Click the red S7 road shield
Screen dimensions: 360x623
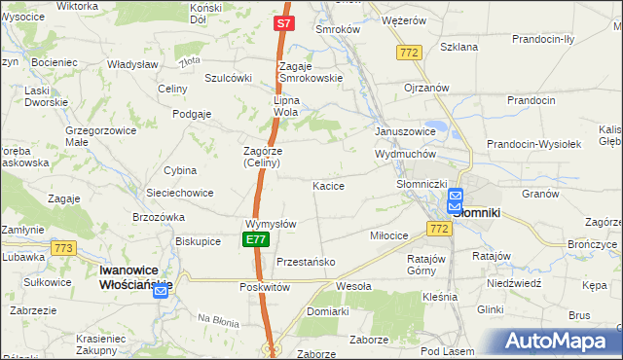coord(282,22)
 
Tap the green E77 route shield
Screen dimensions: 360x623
coord(255,239)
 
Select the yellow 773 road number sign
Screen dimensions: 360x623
coord(64,248)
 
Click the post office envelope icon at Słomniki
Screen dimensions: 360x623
coord(456,201)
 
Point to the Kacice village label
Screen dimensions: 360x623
coord(328,185)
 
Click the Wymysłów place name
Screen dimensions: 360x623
coord(272,224)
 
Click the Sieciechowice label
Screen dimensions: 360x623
coord(179,193)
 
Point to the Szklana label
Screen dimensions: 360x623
coord(458,46)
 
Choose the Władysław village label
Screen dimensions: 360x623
coord(132,63)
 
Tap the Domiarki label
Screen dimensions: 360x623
coord(327,311)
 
